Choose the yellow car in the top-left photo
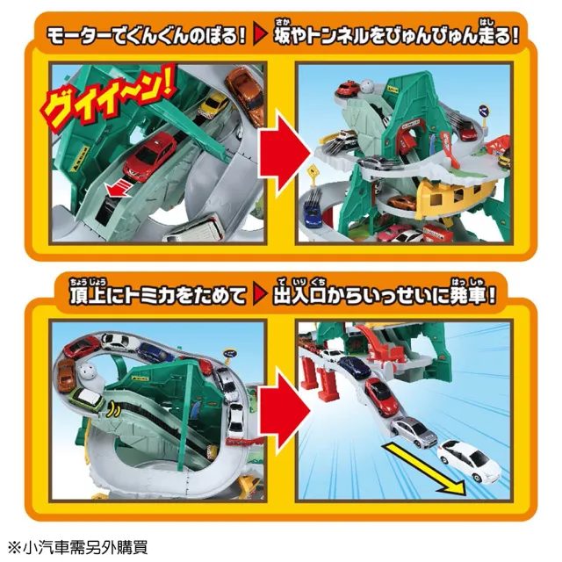213,104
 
